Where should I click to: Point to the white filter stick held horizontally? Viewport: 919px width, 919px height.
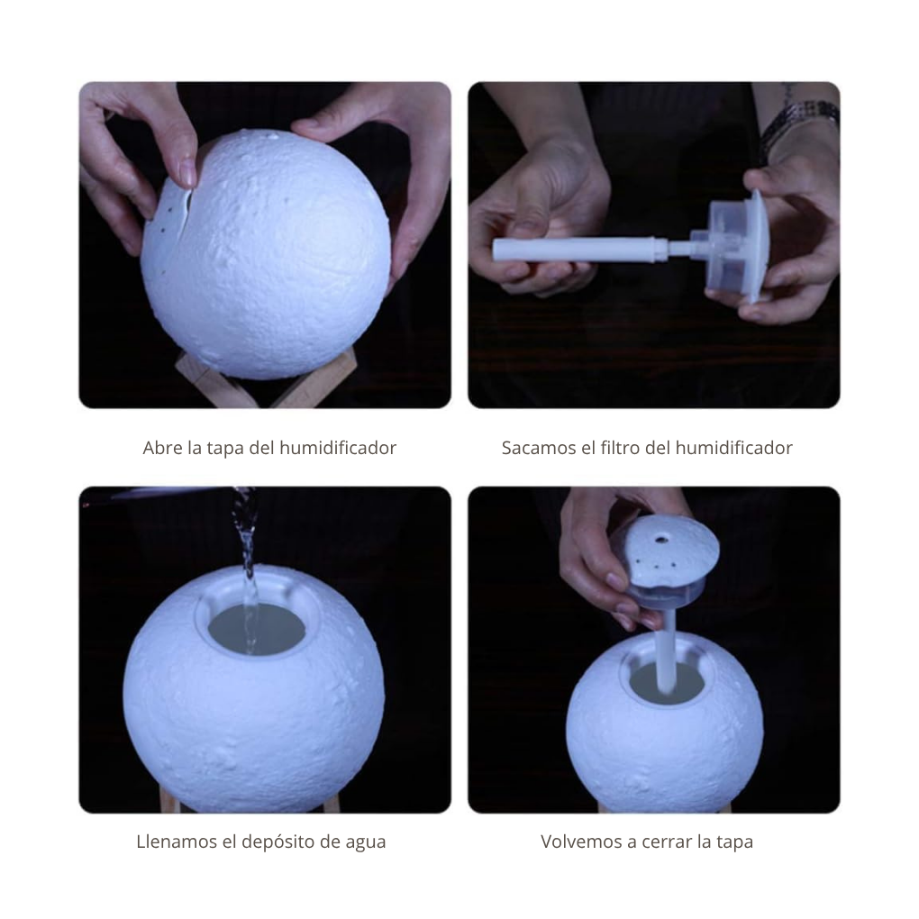[x=577, y=248]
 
